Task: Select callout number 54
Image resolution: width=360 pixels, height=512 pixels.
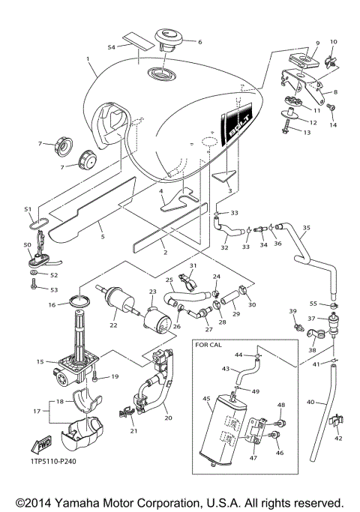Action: (111, 46)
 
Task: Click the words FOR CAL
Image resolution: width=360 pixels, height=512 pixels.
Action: (212, 346)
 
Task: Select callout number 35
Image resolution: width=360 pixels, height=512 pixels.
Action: (305, 227)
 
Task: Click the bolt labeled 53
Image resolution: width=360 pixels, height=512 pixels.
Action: (34, 288)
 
